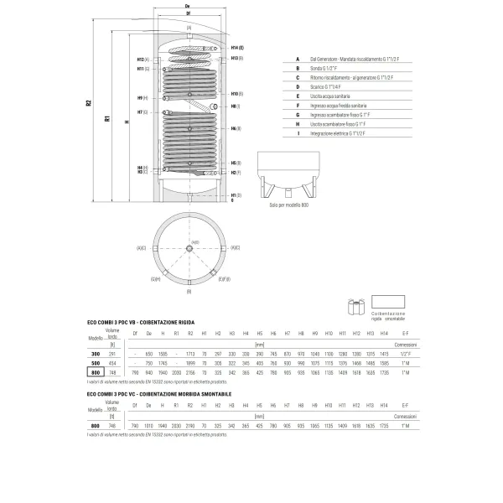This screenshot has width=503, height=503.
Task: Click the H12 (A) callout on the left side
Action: (142, 60)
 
